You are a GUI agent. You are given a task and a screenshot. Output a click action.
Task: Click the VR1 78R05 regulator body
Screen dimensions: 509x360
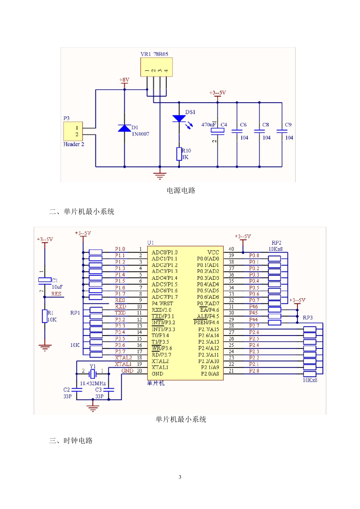[x=157, y=67]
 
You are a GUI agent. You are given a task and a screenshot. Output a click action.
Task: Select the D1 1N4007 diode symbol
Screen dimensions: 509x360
[x=124, y=128]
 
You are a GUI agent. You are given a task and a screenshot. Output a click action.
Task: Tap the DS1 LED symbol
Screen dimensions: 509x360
[x=179, y=119]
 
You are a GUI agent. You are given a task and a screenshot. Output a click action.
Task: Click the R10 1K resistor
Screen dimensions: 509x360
[x=179, y=154]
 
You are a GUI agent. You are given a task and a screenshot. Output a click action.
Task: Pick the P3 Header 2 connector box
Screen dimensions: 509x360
[x=73, y=131]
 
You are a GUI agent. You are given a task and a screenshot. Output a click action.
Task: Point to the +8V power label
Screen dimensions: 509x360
[x=124, y=80]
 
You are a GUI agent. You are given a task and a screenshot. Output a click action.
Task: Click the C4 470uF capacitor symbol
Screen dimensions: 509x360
[x=218, y=131]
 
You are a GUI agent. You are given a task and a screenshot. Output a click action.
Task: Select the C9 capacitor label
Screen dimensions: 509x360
[x=288, y=125]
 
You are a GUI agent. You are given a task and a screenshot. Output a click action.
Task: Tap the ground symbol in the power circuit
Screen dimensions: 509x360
[x=160, y=175]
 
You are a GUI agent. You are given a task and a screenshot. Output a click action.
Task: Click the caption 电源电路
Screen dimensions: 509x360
[x=181, y=190]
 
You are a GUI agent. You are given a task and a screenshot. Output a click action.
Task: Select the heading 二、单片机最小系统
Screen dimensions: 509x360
[x=81, y=212]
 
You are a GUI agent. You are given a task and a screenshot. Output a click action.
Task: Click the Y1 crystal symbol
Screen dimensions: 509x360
[x=93, y=374]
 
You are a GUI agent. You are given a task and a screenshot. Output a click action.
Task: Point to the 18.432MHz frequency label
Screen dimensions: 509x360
[x=93, y=383]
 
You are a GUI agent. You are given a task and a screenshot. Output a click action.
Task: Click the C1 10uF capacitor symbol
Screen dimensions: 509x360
[x=45, y=280]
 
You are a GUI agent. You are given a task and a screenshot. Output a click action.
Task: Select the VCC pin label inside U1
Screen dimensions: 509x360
[x=213, y=252]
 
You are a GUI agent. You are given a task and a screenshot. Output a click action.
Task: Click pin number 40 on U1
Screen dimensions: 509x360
[x=231, y=249]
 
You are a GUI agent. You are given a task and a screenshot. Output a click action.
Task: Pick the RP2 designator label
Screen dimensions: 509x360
[x=277, y=243]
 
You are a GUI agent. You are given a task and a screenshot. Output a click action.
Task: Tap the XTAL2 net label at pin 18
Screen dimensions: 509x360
[x=123, y=358]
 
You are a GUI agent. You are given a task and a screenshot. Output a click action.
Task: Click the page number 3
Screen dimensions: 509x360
[x=180, y=477]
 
